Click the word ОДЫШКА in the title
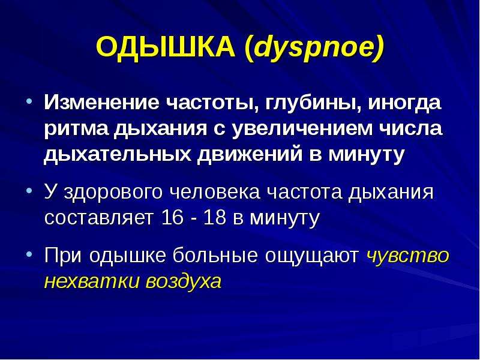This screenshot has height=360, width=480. (166, 47)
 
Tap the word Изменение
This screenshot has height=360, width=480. (101, 102)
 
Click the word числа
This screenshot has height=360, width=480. (410, 128)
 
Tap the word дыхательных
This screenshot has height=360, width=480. (117, 155)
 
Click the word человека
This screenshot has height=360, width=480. (215, 192)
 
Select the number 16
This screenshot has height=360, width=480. (172, 218)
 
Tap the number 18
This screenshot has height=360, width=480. (214, 218)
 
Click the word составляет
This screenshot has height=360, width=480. (99, 218)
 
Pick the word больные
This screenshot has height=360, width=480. (215, 256)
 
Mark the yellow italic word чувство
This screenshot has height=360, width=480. (407, 257)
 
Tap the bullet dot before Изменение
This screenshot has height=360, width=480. (29, 101)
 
